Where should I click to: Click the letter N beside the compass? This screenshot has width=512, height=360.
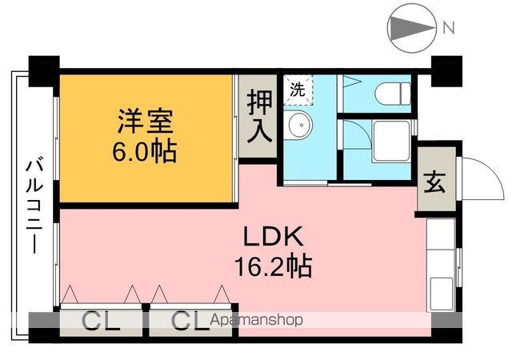coord(449,29)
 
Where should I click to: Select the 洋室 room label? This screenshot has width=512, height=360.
coord(146,123)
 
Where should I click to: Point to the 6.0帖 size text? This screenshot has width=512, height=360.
coord(146,150)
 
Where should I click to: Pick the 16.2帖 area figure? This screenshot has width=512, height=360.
coord(272,265)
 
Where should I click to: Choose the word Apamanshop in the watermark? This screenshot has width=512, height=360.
coord(256,321)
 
